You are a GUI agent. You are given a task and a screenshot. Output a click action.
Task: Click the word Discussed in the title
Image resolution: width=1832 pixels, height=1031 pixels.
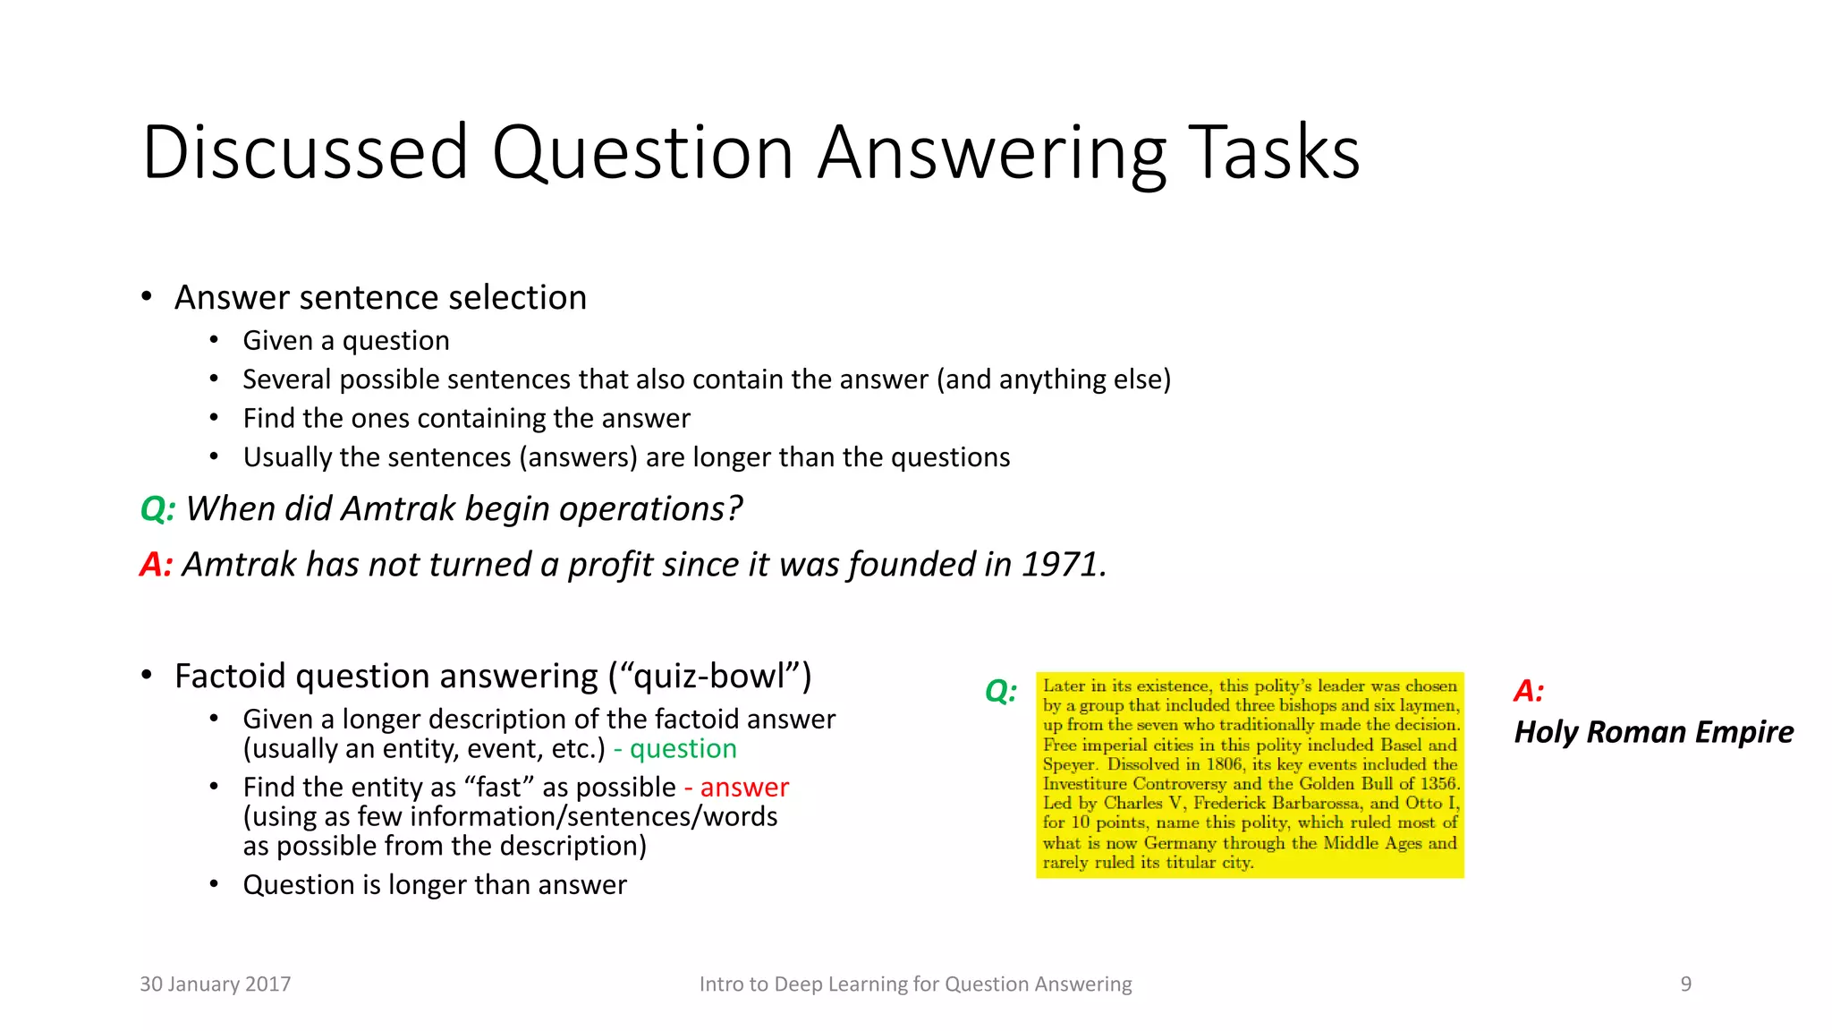pyautogui.click(x=305, y=153)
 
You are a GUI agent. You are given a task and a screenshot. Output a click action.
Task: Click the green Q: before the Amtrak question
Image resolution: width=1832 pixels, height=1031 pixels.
pyautogui.click(x=157, y=509)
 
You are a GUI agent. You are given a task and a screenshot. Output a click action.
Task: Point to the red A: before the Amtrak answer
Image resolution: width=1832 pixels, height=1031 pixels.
pyautogui.click(x=156, y=565)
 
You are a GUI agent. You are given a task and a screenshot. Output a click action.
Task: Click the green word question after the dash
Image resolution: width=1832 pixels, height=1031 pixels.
pyautogui.click(x=683, y=749)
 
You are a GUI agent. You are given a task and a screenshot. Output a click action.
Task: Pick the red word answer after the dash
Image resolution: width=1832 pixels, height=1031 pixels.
pyautogui.click(x=744, y=788)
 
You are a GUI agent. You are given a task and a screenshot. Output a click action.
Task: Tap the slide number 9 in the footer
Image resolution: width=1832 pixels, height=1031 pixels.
pyautogui.click(x=1685, y=984)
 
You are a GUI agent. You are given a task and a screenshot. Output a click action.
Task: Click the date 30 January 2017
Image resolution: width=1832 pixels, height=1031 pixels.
pyautogui.click(x=216, y=984)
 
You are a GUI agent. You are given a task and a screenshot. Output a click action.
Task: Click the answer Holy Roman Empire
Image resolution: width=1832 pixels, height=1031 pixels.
pyautogui.click(x=1653, y=732)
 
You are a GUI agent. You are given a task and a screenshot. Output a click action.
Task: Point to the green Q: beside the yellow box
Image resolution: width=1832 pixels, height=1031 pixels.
pyautogui.click(x=1001, y=691)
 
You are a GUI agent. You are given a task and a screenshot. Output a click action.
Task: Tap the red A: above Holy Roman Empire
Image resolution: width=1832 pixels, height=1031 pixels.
pyautogui.click(x=1529, y=691)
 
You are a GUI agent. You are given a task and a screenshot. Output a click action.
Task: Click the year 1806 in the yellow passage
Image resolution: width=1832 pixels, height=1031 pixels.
pyautogui.click(x=1225, y=764)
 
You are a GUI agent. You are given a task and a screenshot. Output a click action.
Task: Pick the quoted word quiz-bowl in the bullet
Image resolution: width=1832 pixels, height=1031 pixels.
pyautogui.click(x=709, y=677)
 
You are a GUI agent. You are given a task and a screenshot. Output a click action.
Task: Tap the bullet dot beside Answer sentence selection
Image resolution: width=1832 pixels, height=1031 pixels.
pyautogui.click(x=147, y=296)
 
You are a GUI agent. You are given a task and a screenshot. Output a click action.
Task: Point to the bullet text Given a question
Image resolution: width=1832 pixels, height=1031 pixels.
pyautogui.click(x=346, y=341)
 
